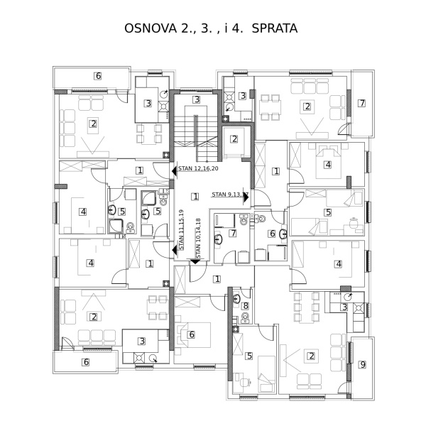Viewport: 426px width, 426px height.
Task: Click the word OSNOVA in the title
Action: (151, 28)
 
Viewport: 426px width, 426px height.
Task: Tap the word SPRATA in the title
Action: (274, 28)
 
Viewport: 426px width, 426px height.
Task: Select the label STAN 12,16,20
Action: (198, 168)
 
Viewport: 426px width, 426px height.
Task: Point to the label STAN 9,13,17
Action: (230, 195)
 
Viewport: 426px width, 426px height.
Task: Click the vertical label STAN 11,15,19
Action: (181, 230)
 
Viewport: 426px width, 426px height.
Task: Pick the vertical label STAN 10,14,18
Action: (198, 238)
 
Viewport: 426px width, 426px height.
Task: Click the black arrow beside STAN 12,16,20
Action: (175, 171)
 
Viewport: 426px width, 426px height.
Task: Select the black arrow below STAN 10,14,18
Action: (195, 261)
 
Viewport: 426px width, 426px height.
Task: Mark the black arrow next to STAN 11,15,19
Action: (175, 249)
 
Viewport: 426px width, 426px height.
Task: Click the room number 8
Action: (246, 306)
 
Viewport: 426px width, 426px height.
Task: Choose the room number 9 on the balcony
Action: (363, 364)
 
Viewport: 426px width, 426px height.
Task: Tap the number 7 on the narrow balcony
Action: (361, 103)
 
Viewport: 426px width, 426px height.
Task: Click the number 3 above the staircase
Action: (197, 99)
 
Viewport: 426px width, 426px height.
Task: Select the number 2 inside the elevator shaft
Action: (234, 139)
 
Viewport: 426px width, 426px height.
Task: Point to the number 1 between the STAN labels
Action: (195, 197)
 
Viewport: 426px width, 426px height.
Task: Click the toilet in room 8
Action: (246, 317)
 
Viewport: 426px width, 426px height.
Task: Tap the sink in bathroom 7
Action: (219, 239)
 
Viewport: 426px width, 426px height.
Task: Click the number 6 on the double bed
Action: (192, 334)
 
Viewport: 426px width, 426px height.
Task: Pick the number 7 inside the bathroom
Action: (233, 233)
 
